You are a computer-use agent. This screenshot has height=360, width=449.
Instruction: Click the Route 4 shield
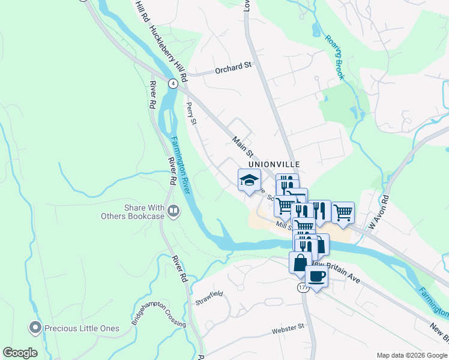(x=173, y=83)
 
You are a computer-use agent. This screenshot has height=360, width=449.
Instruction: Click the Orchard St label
(x=234, y=67)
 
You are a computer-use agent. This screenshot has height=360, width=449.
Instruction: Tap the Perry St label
(x=191, y=113)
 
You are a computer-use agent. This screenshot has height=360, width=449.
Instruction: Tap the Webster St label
(x=288, y=329)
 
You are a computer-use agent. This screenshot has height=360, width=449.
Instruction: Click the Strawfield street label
(x=209, y=298)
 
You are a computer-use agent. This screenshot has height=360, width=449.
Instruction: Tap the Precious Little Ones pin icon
(x=35, y=328)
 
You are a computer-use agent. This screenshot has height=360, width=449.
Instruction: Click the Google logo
(x=20, y=353)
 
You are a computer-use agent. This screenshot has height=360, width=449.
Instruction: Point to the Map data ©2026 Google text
(x=411, y=355)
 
